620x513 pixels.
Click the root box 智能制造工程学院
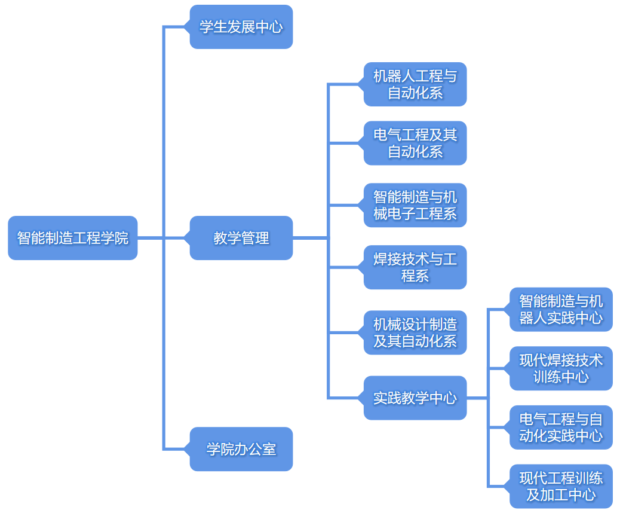72,238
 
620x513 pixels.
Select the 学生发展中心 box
241,27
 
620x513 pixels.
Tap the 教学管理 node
241,238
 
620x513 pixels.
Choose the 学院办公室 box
241,449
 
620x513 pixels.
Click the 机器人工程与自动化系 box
415,84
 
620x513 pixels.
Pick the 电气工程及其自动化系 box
415,143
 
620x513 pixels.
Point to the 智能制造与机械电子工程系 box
415,205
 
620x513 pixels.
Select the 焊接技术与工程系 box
415,267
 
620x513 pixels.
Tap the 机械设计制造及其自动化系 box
415,332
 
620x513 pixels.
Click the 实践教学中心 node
415,398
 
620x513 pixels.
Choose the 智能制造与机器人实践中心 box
561,309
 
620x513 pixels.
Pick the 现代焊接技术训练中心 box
561,368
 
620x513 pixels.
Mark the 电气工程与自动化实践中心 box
561,427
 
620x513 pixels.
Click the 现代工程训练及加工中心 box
561,486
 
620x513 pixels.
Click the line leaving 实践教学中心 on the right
477,398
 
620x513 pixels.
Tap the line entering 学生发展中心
176,27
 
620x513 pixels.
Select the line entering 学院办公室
176,449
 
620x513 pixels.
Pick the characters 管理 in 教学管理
255,238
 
